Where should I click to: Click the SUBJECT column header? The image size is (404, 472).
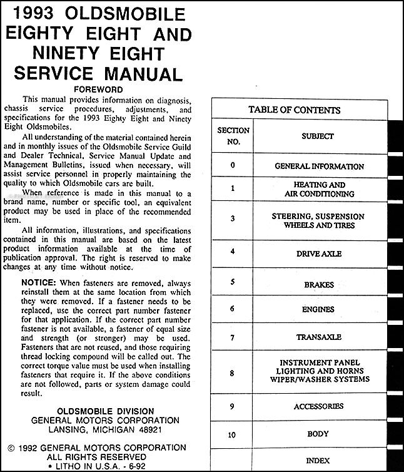pyautogui.click(x=318, y=136)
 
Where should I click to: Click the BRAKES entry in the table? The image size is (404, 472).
pyautogui.click(x=319, y=285)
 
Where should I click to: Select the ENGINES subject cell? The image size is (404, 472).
pyautogui.click(x=318, y=309)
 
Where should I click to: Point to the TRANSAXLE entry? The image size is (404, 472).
pyautogui.click(x=319, y=337)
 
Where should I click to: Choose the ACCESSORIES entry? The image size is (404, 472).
pyautogui.click(x=318, y=406)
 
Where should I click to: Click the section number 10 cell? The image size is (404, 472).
pyautogui.click(x=233, y=433)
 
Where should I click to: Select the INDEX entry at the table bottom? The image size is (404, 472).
pyautogui.click(x=318, y=461)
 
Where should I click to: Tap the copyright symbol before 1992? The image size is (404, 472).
pyautogui.click(x=11, y=448)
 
